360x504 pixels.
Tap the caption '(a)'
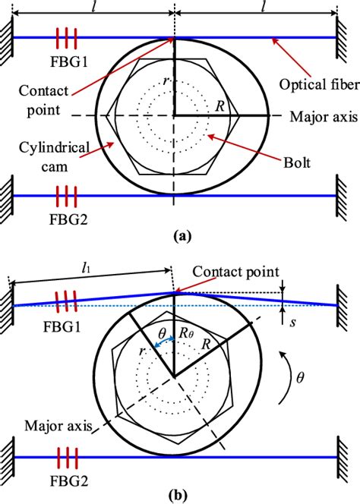tap(181, 237)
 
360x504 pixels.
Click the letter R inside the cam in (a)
tap(220, 107)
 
